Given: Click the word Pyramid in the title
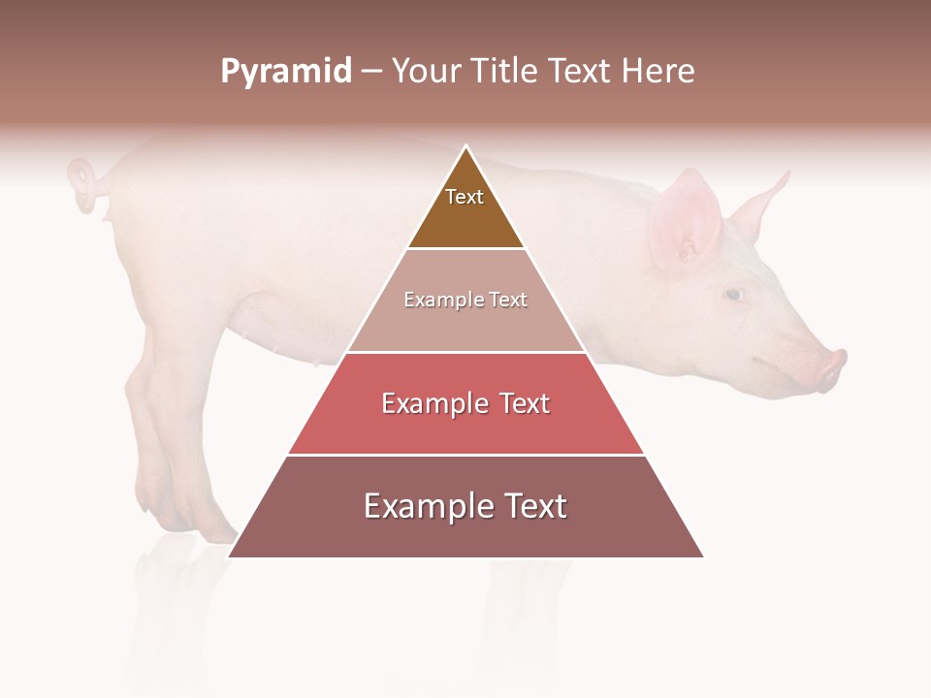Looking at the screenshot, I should point(285,72).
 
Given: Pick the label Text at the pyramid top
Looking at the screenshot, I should point(465,197).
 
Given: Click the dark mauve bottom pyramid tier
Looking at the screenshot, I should point(465,533).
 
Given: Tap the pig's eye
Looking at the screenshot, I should point(734,294).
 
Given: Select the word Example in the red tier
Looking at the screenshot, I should point(433,403).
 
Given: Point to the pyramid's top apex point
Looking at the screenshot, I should point(466,147).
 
